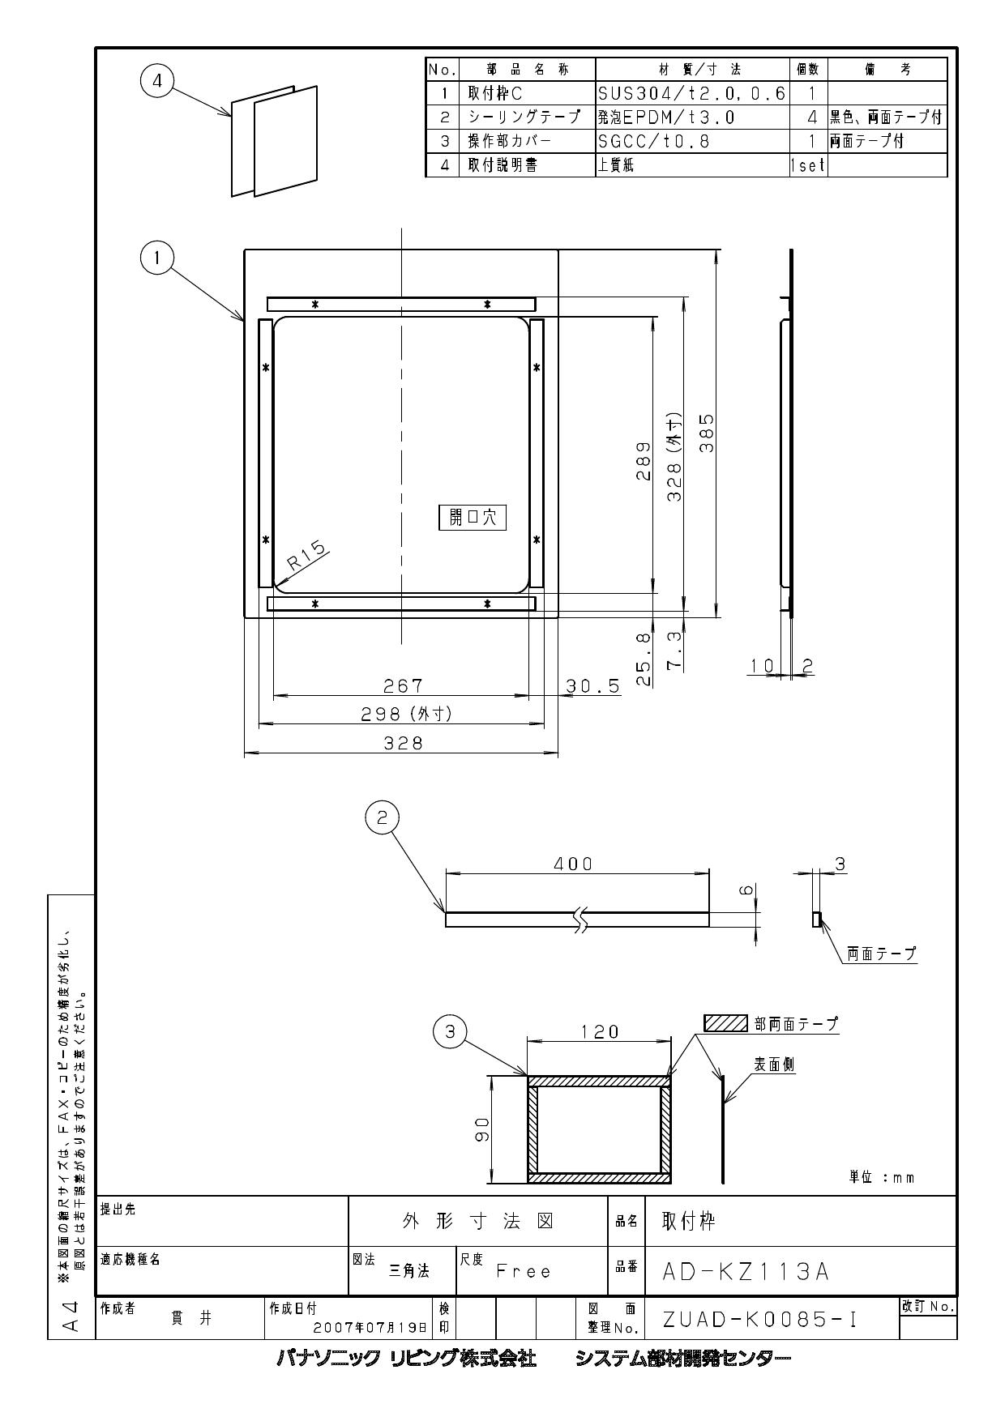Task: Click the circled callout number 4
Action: (x=157, y=82)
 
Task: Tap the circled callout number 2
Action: (x=383, y=818)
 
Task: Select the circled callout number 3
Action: (x=451, y=1031)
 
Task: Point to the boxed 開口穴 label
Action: (x=473, y=518)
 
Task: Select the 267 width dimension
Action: (x=403, y=686)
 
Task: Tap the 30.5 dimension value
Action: (x=592, y=686)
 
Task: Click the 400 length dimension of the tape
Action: (x=573, y=864)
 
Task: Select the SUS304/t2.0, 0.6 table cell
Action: (x=691, y=93)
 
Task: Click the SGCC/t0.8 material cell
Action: (x=653, y=141)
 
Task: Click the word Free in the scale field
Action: (x=524, y=1272)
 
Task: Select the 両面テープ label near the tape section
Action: (x=881, y=954)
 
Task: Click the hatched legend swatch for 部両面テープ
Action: (x=725, y=1023)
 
